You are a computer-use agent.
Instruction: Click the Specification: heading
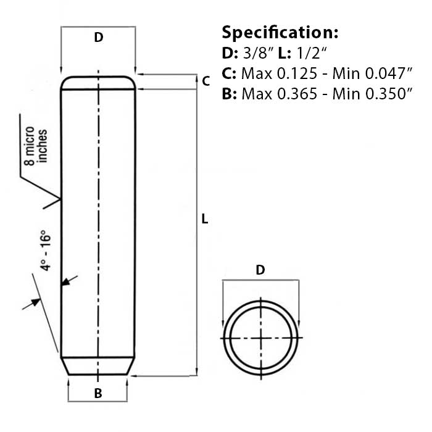point(280,32)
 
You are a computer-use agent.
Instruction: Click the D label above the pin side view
point(98,38)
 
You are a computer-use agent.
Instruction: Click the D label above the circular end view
point(260,270)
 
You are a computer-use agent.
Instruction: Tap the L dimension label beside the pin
point(205,219)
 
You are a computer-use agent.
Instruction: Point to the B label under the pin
point(98,393)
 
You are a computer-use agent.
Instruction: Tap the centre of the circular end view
point(263,339)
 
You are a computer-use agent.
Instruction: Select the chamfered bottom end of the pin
point(98,367)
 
